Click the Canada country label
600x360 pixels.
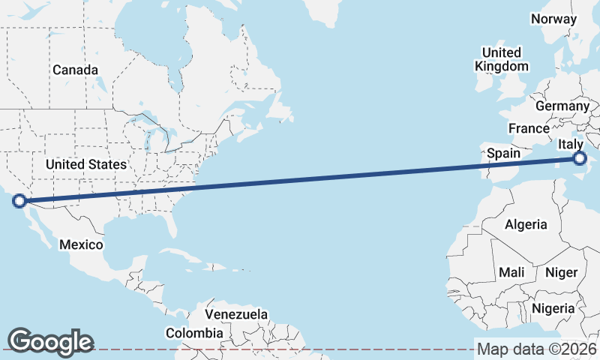coord(75,70)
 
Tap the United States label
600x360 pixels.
coord(86,163)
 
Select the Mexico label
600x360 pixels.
coord(81,244)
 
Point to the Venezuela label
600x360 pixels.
coord(236,313)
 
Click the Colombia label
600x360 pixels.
coord(194,332)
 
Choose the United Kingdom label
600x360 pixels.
coord(502,59)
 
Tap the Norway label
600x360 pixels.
coord(553,19)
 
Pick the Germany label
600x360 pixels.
coord(562,106)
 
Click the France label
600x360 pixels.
coord(529,128)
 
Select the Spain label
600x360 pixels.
coord(503,153)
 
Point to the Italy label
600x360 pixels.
coord(571,144)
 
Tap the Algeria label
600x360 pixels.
coord(526,224)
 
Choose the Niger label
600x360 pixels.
coord(560,272)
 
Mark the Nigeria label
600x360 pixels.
coord(553,308)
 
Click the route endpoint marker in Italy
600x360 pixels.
coord(579,158)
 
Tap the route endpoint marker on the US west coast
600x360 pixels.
coord(19,200)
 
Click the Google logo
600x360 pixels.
coord(51,341)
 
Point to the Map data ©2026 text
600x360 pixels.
coord(537,349)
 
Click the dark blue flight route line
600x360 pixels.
coord(300,179)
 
